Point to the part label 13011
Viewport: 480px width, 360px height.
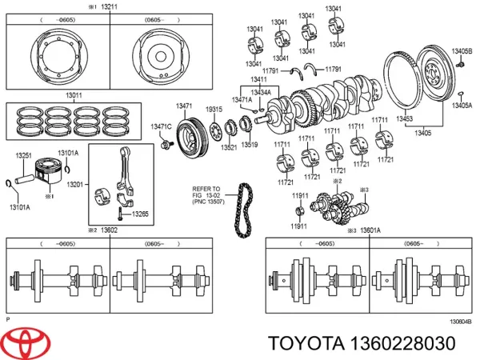(74, 95)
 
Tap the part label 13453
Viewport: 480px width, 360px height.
(405, 119)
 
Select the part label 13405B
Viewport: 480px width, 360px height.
(462, 50)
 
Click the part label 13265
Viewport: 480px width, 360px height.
(139, 214)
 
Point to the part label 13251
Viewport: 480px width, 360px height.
(25, 155)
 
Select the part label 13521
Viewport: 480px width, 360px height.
(229, 147)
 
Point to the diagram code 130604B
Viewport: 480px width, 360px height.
(460, 322)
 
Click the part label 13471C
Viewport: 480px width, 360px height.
(162, 127)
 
